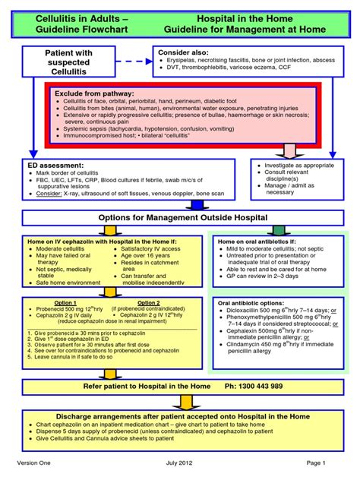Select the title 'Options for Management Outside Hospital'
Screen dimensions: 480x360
click(x=179, y=218)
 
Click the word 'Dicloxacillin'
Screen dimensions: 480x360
click(x=246, y=311)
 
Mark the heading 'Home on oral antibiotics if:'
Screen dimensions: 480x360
click(x=257, y=242)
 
